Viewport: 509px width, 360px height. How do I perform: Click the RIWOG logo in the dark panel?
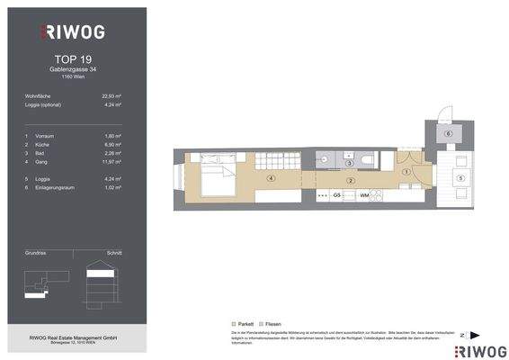(x=72, y=32)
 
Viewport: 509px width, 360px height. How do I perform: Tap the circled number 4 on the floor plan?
(x=269, y=178)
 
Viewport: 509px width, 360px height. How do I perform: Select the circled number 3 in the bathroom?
(x=349, y=164)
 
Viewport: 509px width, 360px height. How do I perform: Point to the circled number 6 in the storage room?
(x=448, y=133)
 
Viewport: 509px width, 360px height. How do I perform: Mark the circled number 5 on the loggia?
(x=460, y=179)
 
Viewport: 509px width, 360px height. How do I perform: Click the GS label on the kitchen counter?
(x=336, y=194)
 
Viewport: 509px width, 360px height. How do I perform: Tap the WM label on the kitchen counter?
(x=364, y=194)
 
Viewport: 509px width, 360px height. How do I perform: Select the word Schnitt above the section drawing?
(x=113, y=255)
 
